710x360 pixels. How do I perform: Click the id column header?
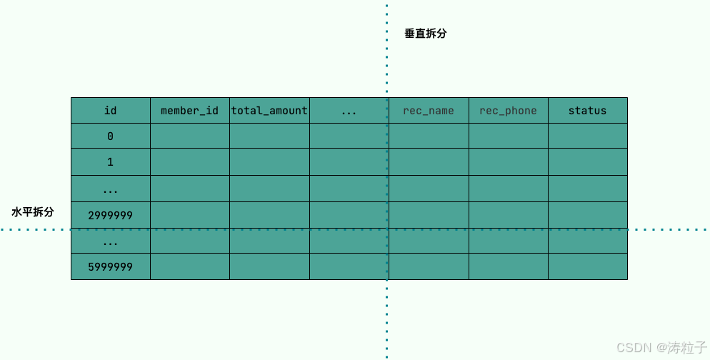coord(110,111)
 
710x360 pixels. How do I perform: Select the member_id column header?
coord(189,111)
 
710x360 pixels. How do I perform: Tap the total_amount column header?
coord(269,111)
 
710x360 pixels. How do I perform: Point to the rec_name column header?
coord(429,111)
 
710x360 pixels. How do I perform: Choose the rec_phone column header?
coord(508,111)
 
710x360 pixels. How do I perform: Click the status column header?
coord(587,111)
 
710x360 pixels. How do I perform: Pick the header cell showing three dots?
coord(349,111)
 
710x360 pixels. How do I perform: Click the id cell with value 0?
coord(110,136)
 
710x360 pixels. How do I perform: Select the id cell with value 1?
coord(110,162)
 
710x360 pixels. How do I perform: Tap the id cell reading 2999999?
coord(110,215)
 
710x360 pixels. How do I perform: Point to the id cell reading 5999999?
coord(110,267)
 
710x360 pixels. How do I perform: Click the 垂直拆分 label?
coord(425,34)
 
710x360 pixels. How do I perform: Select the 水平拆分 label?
coord(33,212)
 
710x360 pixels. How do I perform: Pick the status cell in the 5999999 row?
coord(587,267)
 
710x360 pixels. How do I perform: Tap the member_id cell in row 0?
coord(189,136)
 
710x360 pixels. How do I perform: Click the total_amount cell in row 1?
coord(269,162)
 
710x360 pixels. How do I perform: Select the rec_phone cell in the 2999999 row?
coord(508,215)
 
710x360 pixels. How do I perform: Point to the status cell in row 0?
coord(587,136)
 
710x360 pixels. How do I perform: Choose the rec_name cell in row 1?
coord(429,162)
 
